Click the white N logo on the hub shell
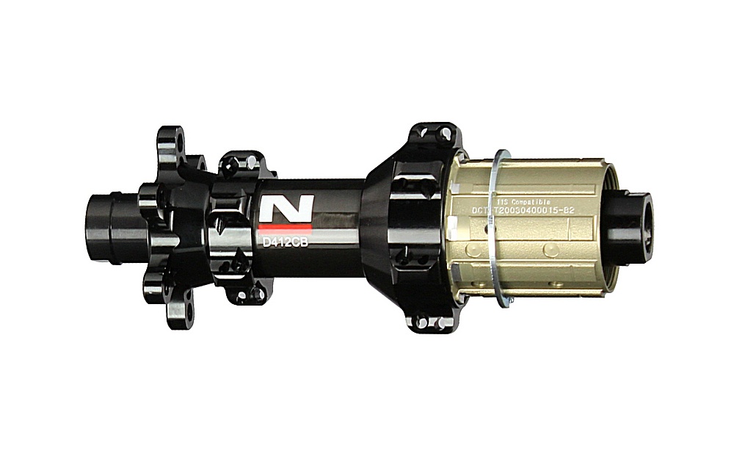click(287, 209)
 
